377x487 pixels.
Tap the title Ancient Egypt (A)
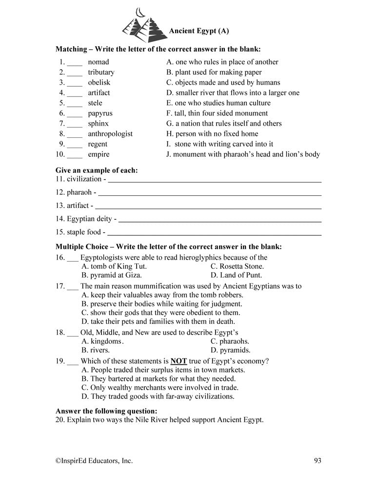198,31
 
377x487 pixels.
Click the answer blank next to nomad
75,63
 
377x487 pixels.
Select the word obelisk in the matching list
99,82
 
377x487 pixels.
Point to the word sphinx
98,124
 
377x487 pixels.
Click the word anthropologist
110,134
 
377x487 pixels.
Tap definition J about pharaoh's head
243,154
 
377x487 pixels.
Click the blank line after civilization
214,180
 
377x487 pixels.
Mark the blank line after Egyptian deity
219,221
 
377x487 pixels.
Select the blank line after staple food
214,234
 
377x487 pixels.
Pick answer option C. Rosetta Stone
237,266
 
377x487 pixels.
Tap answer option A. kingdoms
102,341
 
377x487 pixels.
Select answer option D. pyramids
230,350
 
